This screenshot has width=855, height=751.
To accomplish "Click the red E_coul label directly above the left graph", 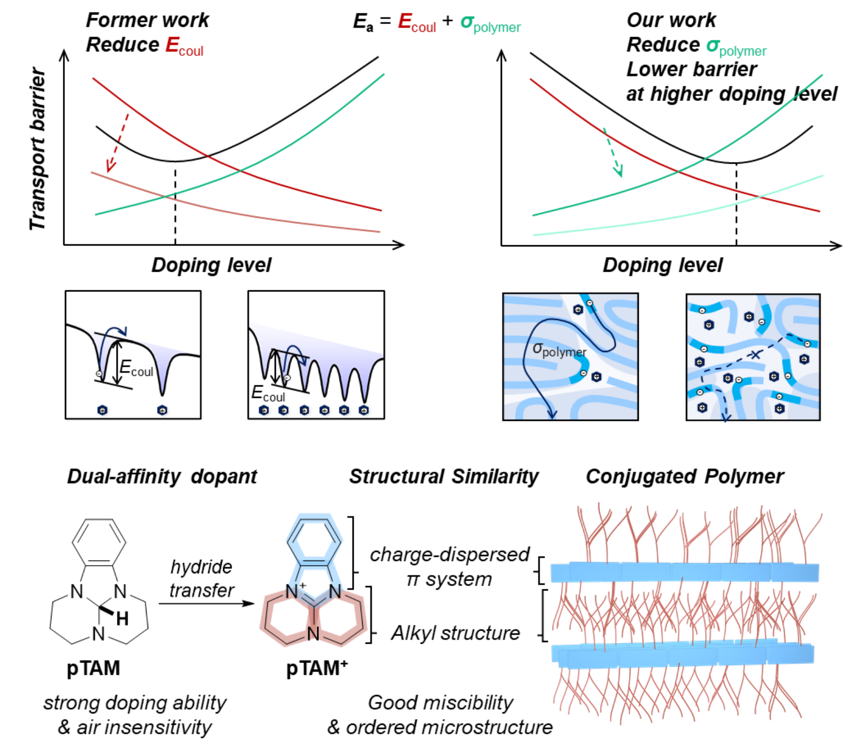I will click(184, 47).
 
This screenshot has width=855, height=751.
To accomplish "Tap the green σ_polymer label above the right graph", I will click(736, 48).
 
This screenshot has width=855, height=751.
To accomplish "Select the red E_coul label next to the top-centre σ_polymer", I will click(416, 23).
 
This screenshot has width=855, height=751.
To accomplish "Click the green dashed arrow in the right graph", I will click(613, 152).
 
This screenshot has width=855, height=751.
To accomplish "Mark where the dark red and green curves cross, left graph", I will click(240, 171).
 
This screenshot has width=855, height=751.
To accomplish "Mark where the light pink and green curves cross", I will click(167, 196).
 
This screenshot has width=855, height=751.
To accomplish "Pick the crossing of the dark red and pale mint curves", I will click(761, 197).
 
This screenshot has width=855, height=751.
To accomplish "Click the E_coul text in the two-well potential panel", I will click(136, 368).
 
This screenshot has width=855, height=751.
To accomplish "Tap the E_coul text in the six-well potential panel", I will click(268, 394).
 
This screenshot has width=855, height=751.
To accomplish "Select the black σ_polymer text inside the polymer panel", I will click(559, 350).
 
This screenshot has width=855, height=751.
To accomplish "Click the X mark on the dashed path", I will click(755, 354).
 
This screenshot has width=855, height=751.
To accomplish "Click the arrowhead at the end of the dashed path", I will click(726, 417).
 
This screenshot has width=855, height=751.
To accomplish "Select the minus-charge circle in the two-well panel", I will click(99, 374).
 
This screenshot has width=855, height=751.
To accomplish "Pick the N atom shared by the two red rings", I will click(313, 634).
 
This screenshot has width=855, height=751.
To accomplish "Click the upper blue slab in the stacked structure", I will click(684, 573).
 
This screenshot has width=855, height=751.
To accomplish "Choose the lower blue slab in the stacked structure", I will click(683, 655).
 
